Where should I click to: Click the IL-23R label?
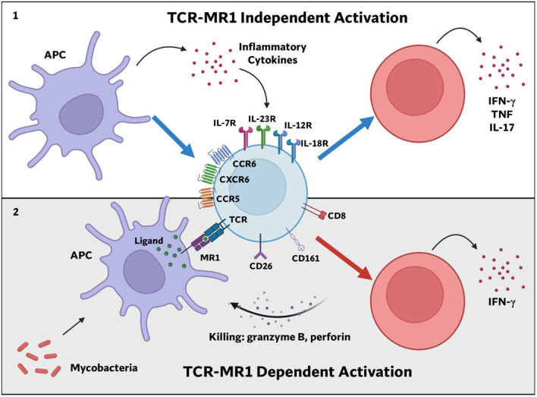tap(262, 119)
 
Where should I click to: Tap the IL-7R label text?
tap(225, 123)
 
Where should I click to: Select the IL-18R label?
tap(315, 143)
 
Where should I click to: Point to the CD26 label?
tap(261, 266)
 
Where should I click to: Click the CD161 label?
tap(306, 258)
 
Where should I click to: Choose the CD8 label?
tap(337, 216)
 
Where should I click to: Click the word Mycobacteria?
tap(104, 368)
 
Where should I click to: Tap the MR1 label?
tap(210, 257)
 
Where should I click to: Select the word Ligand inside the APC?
tap(149, 241)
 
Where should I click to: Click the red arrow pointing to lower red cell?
tap(344, 258)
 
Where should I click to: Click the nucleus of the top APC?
tap(81, 114)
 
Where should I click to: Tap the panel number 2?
tap(16, 213)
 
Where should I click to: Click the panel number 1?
tap(15, 16)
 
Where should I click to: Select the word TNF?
tap(501, 114)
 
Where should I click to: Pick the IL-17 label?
tap(501, 128)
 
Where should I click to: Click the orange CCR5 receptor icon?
tap(206, 199)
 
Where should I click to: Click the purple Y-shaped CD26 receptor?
tap(261, 246)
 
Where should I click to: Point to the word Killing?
tap(226, 337)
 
